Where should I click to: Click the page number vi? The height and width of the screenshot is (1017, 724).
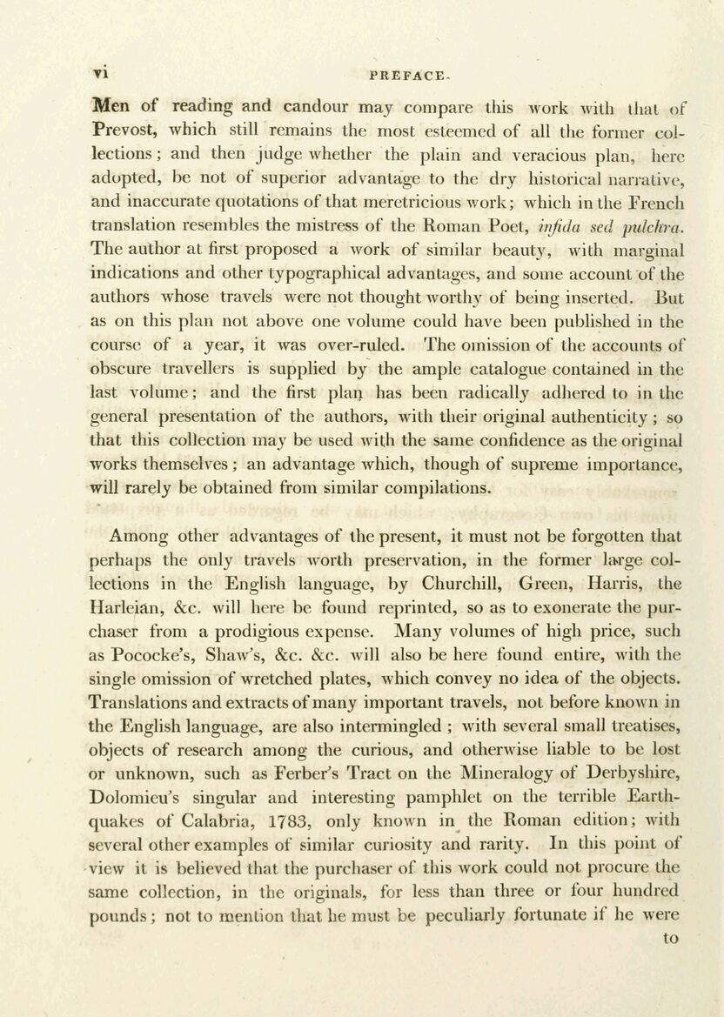(x=98, y=75)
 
